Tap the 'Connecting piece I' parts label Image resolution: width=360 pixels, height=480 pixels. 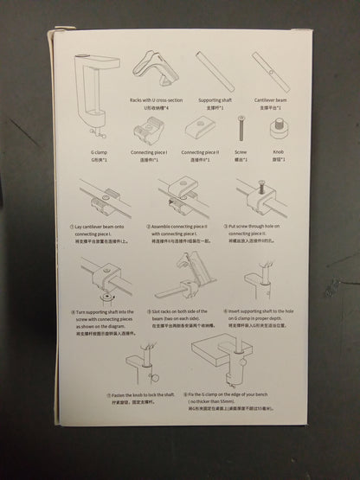pyautogui.click(x=149, y=151)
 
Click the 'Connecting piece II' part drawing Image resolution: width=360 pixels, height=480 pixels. pyautogui.click(x=206, y=131)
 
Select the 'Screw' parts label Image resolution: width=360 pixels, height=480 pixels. pyautogui.click(x=241, y=152)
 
